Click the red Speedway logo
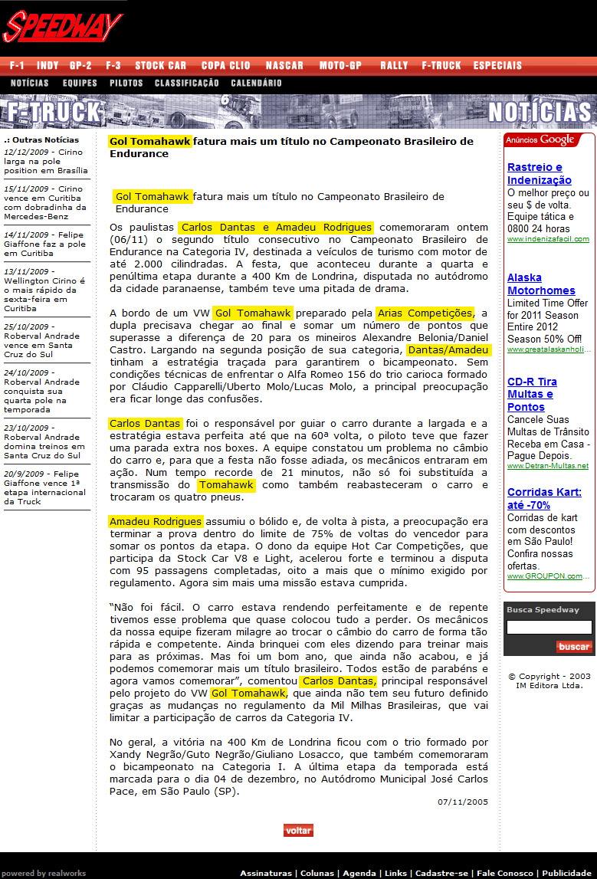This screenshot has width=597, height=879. coord(63,27)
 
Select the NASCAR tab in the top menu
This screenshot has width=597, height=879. coord(284,66)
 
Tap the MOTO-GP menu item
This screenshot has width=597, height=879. coord(340,66)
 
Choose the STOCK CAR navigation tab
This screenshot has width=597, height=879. coord(161,66)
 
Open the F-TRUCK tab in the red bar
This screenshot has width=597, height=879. coord(441,66)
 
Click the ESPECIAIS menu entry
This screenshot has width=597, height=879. coord(497,66)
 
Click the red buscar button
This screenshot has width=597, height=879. coord(574,647)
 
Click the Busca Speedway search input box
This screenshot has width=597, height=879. coord(549,628)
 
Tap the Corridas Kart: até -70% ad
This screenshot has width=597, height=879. coord(544,499)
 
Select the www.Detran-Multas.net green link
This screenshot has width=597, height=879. coord(547,466)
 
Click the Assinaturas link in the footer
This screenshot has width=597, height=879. coord(265,873)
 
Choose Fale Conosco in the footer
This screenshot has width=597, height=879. coord(507,873)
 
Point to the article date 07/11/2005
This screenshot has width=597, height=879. coord(463,802)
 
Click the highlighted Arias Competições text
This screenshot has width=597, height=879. coord(425,313)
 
